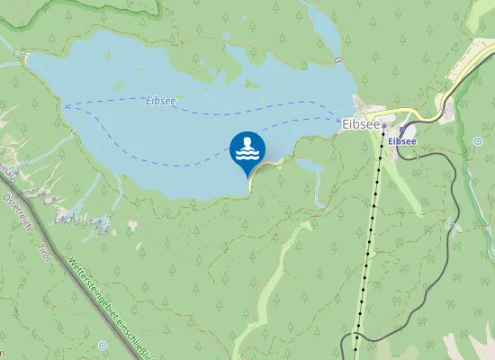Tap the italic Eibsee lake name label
[160, 102]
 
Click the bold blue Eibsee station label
[402, 141]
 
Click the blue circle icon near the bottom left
[102, 345]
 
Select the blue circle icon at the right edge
[477, 140]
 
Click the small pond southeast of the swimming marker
[309, 166]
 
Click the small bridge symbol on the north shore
[337, 59]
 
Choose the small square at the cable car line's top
[382, 124]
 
